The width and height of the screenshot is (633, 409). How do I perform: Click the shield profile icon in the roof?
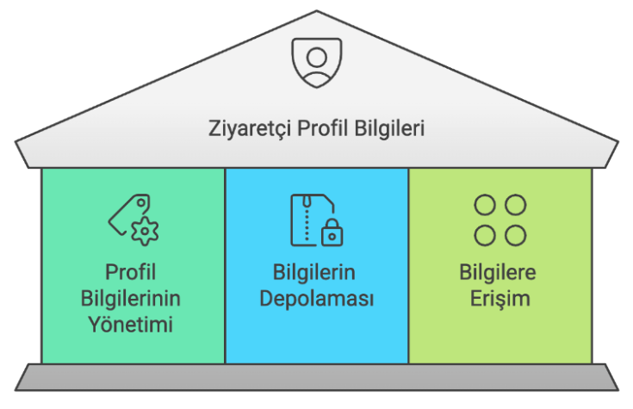click(317, 63)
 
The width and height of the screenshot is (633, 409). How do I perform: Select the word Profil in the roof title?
click(323, 128)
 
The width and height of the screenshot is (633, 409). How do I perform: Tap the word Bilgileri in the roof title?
click(389, 129)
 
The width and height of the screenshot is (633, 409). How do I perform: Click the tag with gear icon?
click(133, 220)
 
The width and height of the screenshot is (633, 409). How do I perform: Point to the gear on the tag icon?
click(145, 232)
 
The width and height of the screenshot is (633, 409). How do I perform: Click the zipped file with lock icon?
click(317, 220)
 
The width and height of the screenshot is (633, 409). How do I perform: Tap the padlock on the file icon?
click(332, 233)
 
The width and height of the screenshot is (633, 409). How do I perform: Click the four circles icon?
click(500, 220)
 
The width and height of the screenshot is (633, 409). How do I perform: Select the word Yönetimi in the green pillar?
click(130, 325)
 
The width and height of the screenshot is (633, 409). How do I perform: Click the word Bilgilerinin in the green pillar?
click(130, 299)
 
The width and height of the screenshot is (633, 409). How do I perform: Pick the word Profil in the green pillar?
click(130, 272)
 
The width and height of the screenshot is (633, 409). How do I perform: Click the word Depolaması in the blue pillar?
click(317, 299)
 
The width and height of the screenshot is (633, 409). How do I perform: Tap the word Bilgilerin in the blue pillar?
click(314, 273)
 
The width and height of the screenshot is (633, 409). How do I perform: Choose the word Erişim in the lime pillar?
click(500, 299)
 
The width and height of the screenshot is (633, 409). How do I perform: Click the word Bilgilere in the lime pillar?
click(498, 273)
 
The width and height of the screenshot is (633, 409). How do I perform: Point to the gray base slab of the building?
click(317, 377)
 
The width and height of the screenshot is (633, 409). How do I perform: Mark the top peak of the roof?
click(317, 11)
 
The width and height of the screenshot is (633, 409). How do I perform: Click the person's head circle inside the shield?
click(317, 57)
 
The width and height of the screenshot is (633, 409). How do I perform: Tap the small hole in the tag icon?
click(141, 202)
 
